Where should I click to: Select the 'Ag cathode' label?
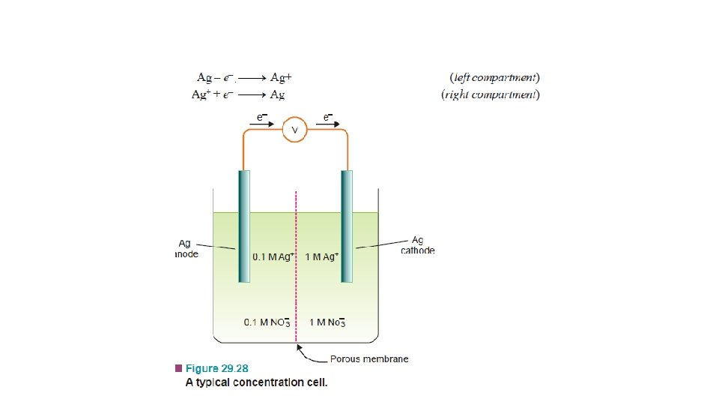click(x=417, y=245)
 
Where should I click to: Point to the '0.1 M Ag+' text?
click(x=275, y=256)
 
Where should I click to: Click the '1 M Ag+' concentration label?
click(x=322, y=256)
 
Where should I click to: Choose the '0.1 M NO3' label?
click(x=267, y=322)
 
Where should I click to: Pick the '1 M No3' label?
click(x=327, y=322)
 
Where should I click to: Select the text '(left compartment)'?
click(x=494, y=77)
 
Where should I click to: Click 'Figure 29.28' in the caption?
click(x=216, y=368)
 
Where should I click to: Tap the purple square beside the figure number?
click(x=178, y=368)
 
